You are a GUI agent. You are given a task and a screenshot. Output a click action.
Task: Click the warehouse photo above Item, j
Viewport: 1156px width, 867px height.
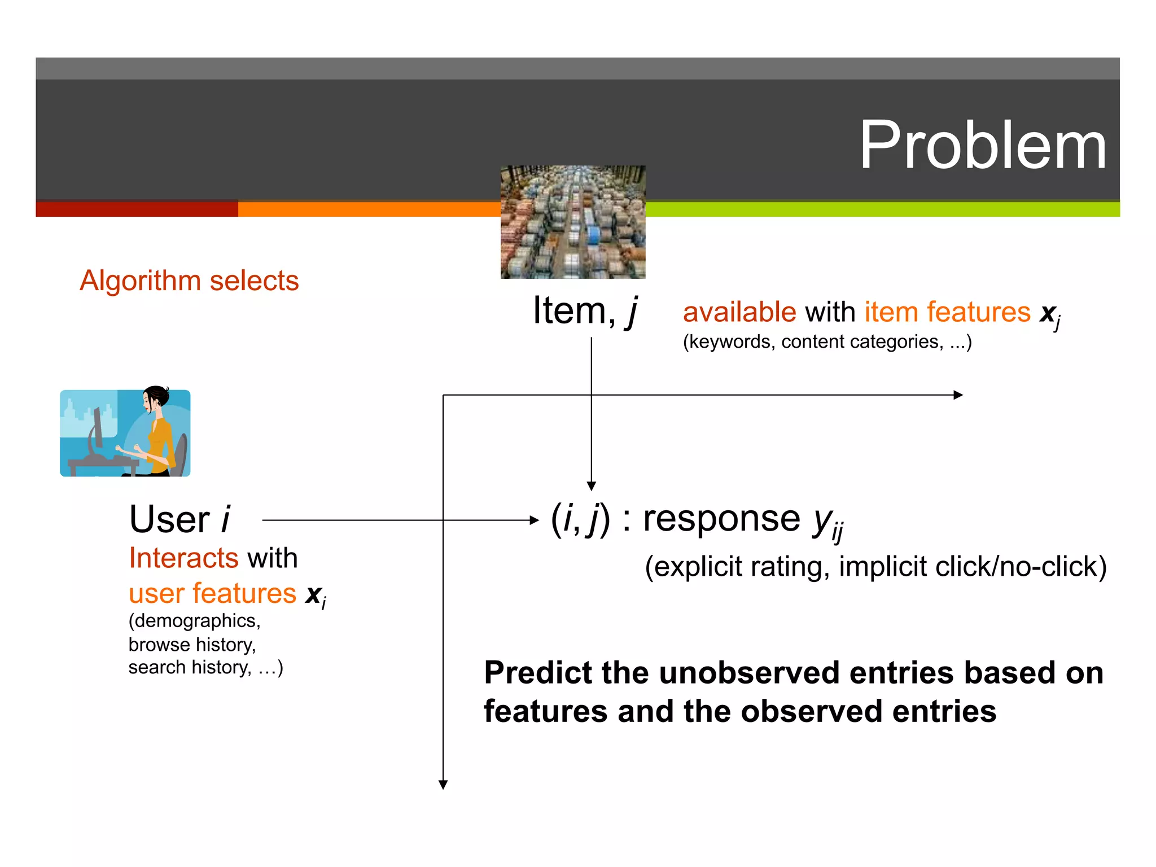click(x=572, y=222)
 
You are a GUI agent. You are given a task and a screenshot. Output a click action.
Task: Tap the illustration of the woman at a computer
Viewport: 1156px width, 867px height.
click(x=125, y=433)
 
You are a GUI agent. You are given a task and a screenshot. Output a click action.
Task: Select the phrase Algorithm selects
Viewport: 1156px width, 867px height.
click(x=189, y=281)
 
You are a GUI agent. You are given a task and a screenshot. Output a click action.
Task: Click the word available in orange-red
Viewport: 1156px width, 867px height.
click(x=739, y=312)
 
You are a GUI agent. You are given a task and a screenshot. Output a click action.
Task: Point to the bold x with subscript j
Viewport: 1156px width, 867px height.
click(x=1050, y=314)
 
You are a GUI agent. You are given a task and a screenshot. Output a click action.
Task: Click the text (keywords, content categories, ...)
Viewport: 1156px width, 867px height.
click(x=827, y=341)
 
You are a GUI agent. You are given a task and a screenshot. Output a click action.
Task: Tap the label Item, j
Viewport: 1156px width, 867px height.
click(x=585, y=311)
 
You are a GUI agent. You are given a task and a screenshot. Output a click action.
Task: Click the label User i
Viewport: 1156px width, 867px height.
click(x=179, y=519)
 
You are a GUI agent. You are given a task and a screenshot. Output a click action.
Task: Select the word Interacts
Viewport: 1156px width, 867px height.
click(x=183, y=558)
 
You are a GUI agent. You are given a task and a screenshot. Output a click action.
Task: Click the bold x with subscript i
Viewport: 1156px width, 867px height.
click(x=315, y=594)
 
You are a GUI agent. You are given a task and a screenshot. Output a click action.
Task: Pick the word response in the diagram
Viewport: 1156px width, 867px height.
click(x=721, y=518)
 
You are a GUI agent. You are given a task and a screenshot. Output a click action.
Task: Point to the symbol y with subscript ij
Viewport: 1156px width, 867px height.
click(x=827, y=522)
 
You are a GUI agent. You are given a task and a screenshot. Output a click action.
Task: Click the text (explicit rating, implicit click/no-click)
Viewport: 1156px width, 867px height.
click(x=875, y=566)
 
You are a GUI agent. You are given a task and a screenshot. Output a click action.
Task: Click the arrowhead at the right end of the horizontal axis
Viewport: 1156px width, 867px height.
click(x=958, y=395)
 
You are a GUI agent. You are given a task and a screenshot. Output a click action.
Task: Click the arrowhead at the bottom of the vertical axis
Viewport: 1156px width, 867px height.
click(x=443, y=784)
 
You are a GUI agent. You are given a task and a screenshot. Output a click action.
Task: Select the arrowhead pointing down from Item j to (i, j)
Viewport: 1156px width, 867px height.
click(x=592, y=486)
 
